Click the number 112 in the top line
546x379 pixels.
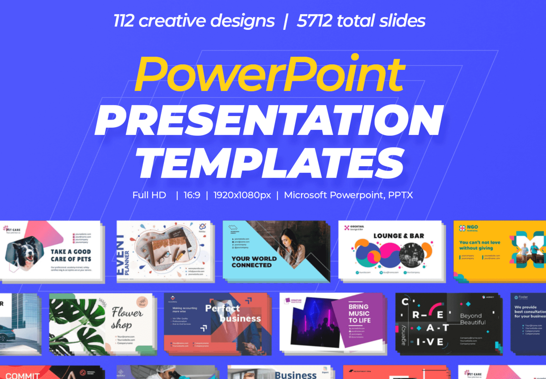[123, 21]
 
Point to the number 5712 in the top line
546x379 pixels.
[314, 21]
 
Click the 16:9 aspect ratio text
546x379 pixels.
[192, 195]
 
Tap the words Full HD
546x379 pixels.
[149, 195]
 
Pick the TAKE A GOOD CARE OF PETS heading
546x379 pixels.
[71, 255]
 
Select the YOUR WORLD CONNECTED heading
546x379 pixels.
[254, 262]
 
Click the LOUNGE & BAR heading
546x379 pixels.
[399, 236]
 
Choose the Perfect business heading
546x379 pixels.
[233, 314]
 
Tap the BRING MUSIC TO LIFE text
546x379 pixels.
[359, 313]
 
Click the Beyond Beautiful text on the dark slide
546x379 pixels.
[472, 319]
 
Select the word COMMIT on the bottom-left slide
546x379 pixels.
[22, 375]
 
